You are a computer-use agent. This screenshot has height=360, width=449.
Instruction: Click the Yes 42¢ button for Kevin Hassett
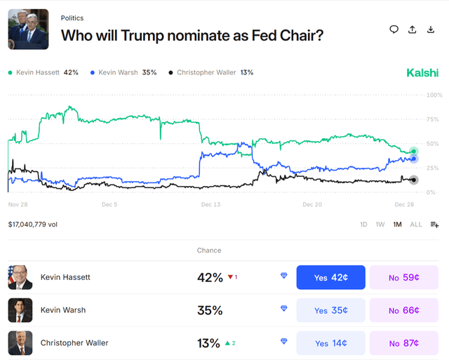pos(331,277)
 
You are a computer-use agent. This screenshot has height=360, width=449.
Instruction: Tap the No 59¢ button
pos(403,277)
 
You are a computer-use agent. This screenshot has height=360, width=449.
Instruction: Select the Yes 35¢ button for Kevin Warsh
pos(331,310)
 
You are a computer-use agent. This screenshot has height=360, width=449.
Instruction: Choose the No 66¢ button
pos(403,310)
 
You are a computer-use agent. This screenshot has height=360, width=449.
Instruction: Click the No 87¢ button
pos(403,343)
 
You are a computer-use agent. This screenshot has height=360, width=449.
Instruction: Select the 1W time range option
pos(380,225)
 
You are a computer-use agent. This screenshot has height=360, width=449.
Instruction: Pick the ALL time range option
pos(416,225)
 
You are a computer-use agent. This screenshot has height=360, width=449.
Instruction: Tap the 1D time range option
pos(363,225)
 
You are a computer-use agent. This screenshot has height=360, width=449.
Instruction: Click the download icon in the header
pos(431,29)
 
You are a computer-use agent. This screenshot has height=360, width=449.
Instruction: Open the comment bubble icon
pos(394,29)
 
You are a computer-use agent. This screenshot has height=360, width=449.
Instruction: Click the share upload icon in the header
pos(413,29)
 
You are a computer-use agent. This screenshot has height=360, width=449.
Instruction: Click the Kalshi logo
pos(422,73)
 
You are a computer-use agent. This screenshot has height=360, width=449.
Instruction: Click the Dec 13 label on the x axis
pos(210,205)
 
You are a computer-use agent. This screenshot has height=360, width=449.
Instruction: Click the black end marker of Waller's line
pos(413,180)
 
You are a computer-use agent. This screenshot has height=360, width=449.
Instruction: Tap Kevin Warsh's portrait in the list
pos(20,310)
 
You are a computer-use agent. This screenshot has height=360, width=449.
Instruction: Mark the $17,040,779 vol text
pos(33,225)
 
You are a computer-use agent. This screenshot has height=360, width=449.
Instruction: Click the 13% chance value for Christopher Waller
pos(210,343)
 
